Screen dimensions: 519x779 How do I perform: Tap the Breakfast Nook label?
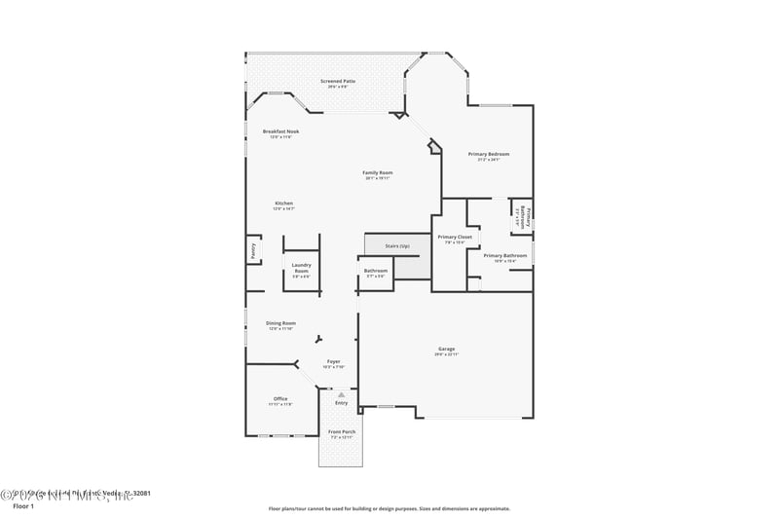coord(280,131)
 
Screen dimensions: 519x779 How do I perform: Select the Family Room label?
coord(378,173)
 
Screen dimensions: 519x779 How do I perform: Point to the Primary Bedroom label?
coord(489,155)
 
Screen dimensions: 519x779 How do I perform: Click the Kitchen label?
coord(283,204)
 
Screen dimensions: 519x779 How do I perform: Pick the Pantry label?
coord(252,250)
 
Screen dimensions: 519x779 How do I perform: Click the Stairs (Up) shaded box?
coord(397,246)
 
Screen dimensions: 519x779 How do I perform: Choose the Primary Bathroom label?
coord(505,256)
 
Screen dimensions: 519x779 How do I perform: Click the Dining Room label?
coord(281,323)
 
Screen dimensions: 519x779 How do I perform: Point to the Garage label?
coord(446,350)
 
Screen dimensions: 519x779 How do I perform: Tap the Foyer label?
coord(334,361)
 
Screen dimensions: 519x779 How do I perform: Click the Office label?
coord(280,398)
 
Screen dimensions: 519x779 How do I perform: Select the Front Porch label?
coord(342,432)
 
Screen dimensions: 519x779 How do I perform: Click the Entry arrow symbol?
coord(342,393)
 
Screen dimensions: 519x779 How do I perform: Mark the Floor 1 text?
coord(22,506)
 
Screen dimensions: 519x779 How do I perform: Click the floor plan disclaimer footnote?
coord(389,507)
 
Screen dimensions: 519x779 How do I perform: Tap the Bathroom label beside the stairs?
coord(376,272)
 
